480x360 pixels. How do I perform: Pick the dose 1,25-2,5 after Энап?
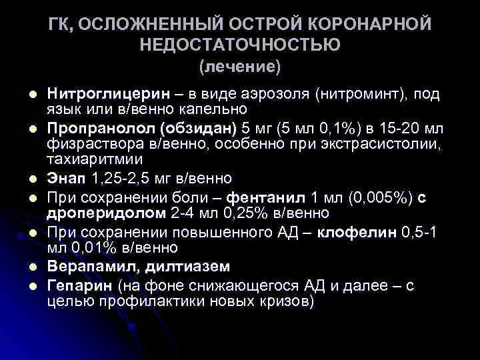123,179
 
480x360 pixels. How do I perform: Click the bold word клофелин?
357,231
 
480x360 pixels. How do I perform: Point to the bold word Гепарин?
79,285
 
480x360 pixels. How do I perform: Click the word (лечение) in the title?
241,67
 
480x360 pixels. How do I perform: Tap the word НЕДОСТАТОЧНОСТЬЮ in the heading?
241,45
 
